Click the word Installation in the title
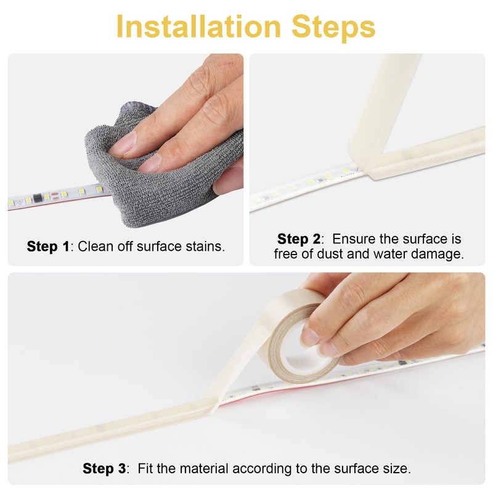point(198,26)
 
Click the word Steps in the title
point(333,28)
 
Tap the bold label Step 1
point(48,246)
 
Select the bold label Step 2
point(298,239)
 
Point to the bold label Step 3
point(104,468)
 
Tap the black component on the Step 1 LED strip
point(38,198)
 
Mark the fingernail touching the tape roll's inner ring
point(310,337)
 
